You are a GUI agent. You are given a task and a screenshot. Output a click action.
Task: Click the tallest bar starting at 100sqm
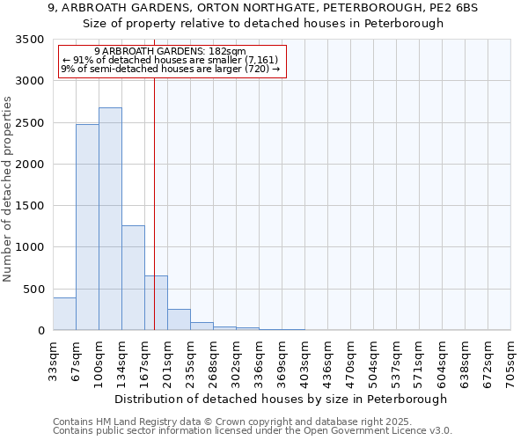click(110, 219)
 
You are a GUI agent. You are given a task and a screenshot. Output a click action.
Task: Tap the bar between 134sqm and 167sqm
click(133, 278)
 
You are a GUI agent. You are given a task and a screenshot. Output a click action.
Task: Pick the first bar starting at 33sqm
click(64, 314)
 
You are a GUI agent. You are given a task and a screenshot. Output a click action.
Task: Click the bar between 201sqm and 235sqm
click(179, 320)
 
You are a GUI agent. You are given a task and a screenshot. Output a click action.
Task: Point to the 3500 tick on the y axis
click(31, 40)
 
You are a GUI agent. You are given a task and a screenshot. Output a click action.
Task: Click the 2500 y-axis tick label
click(31, 123)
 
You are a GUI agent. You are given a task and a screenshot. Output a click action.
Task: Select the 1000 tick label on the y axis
click(31, 247)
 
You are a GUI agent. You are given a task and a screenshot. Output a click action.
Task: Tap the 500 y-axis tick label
click(34, 290)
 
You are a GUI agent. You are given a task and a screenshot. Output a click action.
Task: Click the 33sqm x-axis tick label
click(53, 359)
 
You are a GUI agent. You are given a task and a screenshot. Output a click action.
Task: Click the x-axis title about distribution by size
click(282, 399)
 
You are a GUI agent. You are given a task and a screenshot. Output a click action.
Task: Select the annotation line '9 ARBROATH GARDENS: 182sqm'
click(170, 52)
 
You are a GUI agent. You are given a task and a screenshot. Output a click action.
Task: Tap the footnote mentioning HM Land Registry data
click(232, 422)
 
